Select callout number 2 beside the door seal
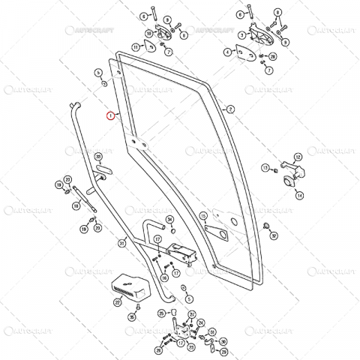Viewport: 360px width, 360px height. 230,109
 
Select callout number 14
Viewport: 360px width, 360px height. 298,196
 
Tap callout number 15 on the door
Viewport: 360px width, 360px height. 202,216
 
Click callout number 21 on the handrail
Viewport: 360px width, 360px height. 122,242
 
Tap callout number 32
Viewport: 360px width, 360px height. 273,235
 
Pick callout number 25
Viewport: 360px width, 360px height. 160,313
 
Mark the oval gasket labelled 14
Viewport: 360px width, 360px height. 288,183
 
